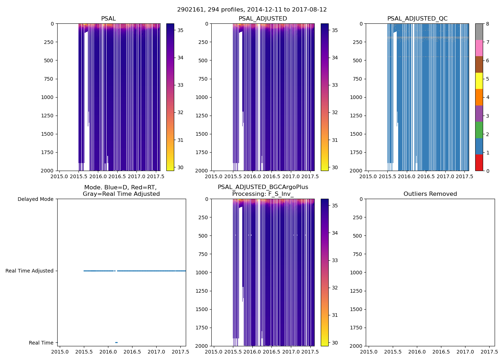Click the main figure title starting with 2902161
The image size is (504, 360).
[x=252, y=10]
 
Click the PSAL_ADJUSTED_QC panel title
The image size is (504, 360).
[x=417, y=19]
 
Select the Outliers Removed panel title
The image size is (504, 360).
[x=430, y=194]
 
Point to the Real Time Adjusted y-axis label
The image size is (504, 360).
[x=29, y=271]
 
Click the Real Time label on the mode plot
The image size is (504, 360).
[x=41, y=343]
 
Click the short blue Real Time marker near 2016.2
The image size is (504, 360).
[x=116, y=342]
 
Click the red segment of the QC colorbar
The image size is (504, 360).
[x=479, y=163]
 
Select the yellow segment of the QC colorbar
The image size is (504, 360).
[x=479, y=81]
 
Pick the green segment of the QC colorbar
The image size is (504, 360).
[x=479, y=130]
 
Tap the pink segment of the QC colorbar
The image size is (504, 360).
[x=479, y=48]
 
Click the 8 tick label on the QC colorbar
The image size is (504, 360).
[x=487, y=24]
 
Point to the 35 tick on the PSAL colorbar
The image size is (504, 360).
[x=180, y=30]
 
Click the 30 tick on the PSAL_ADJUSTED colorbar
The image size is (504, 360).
[x=335, y=167]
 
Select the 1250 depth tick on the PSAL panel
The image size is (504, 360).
[x=48, y=116]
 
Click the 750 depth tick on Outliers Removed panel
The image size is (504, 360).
[x=358, y=254]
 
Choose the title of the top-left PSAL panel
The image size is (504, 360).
[x=108, y=19]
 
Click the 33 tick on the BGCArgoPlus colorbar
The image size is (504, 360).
[x=335, y=260]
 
